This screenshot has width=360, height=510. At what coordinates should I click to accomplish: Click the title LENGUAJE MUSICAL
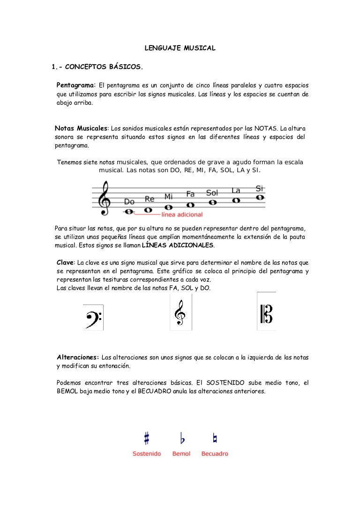180,48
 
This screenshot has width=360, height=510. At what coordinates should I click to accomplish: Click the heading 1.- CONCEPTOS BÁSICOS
97,67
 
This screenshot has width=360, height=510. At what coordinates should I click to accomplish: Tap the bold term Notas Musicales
81,128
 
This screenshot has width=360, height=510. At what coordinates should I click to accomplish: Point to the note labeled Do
129,212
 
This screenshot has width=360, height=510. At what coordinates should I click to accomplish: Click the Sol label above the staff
212,193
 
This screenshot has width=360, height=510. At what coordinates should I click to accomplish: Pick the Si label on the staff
260,188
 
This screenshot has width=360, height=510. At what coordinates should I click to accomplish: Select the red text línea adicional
182,215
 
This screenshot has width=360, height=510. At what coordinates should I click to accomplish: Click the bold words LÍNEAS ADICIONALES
178,245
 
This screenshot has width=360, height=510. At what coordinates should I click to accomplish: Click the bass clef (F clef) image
93,318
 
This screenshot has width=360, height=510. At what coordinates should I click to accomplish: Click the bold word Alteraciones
78,358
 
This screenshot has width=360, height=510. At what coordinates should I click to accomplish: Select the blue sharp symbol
147,439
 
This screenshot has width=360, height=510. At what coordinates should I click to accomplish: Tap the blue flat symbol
182,439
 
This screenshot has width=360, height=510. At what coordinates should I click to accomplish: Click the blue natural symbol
215,439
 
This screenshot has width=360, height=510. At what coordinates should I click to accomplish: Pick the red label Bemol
181,454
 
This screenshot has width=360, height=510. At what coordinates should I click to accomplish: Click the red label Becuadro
215,454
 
